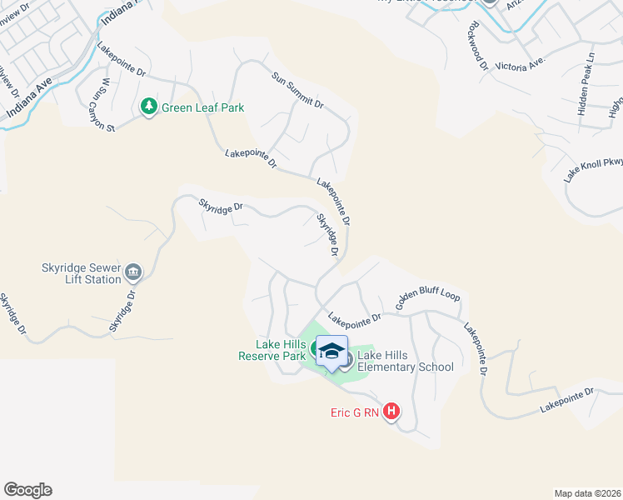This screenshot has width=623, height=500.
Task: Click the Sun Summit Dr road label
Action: (x=297, y=89)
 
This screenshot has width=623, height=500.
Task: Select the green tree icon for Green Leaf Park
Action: (x=149, y=107)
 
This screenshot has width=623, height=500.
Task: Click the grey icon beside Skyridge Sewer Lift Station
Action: (x=133, y=272)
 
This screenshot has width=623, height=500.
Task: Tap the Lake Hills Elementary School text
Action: (x=406, y=361)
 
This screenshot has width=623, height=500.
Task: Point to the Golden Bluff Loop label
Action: (x=427, y=301)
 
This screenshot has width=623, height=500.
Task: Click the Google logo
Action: (x=27, y=490)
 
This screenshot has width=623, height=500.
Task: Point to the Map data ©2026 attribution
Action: (x=586, y=493)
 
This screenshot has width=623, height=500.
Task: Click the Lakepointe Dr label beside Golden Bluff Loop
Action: (x=354, y=317)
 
